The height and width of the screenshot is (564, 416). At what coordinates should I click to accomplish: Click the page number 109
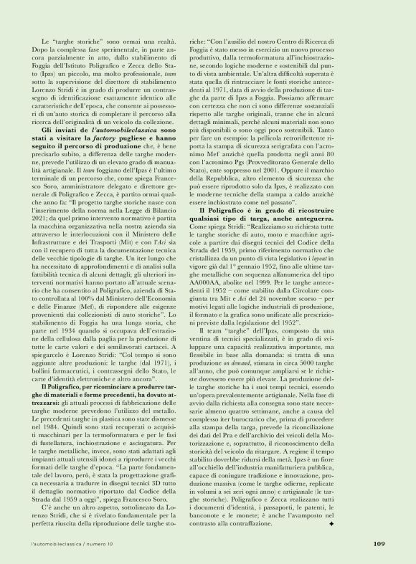tap(379, 543)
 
